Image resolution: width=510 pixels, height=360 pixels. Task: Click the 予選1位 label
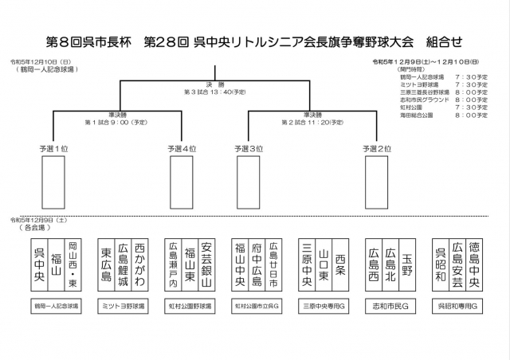[x=53, y=149]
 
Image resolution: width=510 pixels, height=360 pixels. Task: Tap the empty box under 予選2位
[x=377, y=182]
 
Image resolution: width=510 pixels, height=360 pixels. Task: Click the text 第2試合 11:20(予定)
[x=310, y=123]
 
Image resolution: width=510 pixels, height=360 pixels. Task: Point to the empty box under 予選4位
[x=182, y=182]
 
